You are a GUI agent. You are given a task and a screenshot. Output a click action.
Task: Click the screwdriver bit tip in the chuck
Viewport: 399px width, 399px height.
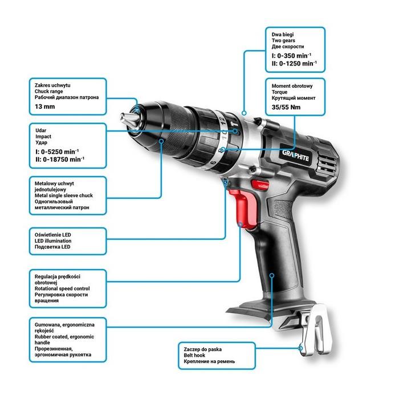127,120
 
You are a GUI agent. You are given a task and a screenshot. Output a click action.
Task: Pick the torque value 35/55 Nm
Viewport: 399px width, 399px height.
285,107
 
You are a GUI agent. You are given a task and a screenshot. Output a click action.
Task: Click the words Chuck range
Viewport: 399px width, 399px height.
49,91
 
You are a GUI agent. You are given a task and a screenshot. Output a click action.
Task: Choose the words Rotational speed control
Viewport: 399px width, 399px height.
62,289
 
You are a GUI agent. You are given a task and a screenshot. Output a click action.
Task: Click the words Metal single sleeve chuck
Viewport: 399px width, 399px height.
63,196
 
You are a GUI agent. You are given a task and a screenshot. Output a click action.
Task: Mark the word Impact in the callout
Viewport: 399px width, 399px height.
43,137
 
